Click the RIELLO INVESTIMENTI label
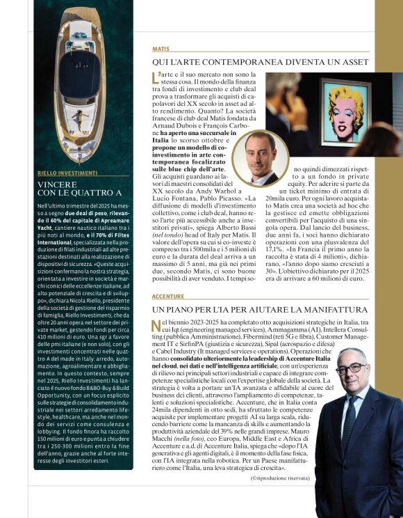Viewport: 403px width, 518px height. (67, 173)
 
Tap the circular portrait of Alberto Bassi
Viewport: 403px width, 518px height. (261, 157)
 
